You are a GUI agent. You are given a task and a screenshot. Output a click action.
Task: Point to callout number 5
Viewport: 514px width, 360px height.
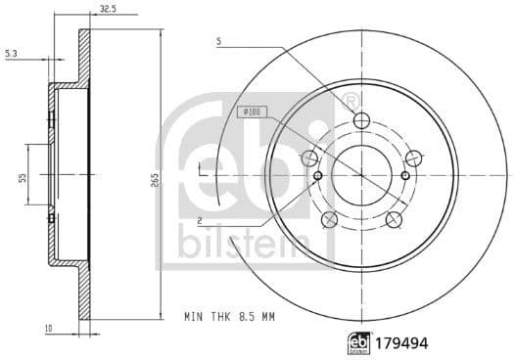[220, 42]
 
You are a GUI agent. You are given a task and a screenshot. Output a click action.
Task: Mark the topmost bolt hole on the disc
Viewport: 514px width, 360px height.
[361, 120]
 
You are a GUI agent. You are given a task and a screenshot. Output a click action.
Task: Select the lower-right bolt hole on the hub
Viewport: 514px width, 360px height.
[394, 218]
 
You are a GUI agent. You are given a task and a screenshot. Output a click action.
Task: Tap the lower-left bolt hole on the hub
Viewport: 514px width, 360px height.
[329, 218]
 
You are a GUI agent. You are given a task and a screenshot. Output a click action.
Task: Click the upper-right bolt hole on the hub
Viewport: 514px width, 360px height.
[413, 157]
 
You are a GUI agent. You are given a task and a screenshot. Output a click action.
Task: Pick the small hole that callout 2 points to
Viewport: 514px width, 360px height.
[319, 176]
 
